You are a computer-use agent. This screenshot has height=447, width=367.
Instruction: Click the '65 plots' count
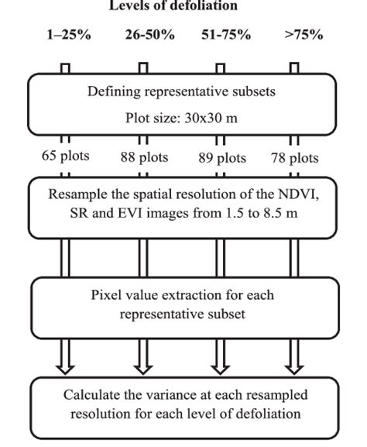point(67,156)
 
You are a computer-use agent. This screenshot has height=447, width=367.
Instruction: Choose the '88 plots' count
point(145,157)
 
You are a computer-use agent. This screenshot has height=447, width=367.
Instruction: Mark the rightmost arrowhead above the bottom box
point(294,365)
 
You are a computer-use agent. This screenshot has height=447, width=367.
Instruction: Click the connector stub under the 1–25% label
point(65,67)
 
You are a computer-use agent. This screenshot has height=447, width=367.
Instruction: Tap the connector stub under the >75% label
point(294,67)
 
